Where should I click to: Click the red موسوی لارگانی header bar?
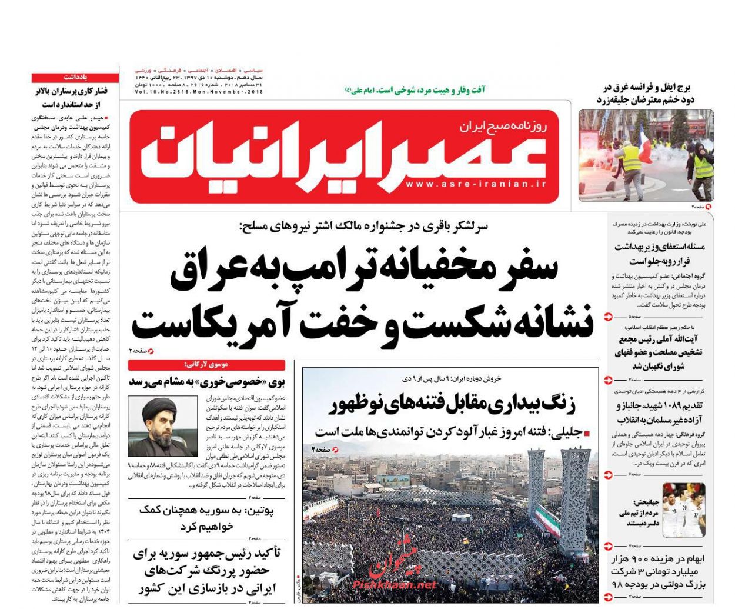206,365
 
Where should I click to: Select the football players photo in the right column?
683,510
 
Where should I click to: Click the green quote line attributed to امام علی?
415,90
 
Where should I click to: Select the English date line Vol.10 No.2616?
199,92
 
